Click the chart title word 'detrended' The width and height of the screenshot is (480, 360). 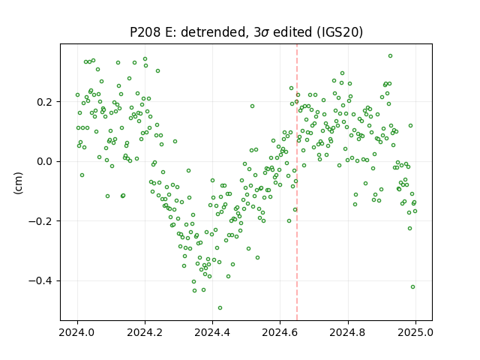pyautogui.click(x=214, y=31)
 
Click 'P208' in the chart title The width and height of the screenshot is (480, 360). pyautogui.click(x=145, y=31)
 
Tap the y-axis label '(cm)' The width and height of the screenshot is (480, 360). pyautogui.click(x=18, y=183)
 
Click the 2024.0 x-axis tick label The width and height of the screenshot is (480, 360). pyautogui.click(x=77, y=332)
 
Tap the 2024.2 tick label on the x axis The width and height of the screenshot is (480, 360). pyautogui.click(x=145, y=332)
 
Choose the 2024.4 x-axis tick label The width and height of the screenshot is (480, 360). pyautogui.click(x=212, y=332)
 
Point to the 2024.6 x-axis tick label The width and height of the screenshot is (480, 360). pyautogui.click(x=280, y=332)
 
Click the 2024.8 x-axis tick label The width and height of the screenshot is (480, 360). pyautogui.click(x=347, y=332)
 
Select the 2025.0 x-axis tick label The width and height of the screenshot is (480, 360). pyautogui.click(x=415, y=332)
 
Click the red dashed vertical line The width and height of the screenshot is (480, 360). pyautogui.click(x=297, y=182)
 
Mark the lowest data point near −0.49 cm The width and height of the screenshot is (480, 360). pyautogui.click(x=220, y=308)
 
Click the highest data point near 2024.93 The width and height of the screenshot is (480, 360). pyautogui.click(x=390, y=56)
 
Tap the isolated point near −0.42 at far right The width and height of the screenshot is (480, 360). pyautogui.click(x=412, y=286)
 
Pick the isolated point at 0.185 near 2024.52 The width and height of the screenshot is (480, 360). pyautogui.click(x=252, y=106)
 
